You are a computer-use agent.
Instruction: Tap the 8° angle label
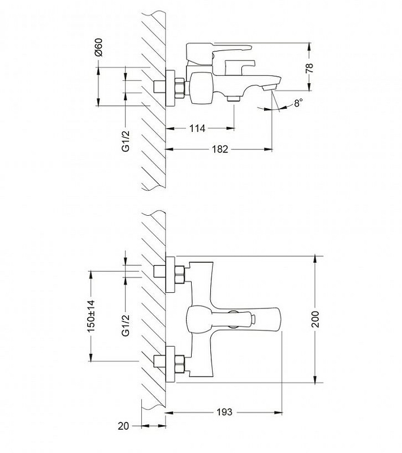[x=298, y=103]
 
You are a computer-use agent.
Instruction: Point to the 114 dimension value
[x=197, y=129]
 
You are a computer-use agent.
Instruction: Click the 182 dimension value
[x=220, y=149]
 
